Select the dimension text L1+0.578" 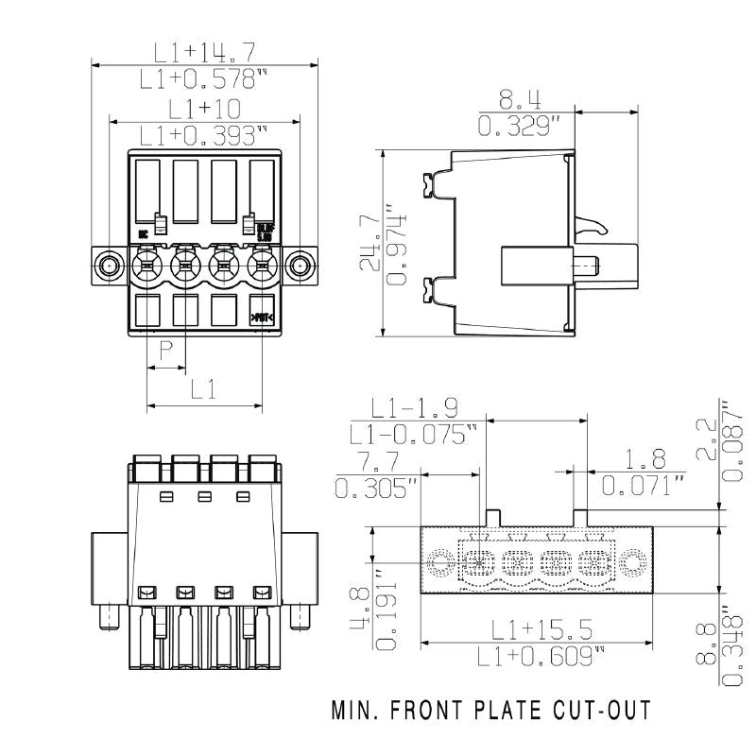click(204, 78)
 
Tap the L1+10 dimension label click(204, 109)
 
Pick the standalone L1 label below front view click(204, 388)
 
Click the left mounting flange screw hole click(111, 265)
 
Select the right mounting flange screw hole click(300, 265)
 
